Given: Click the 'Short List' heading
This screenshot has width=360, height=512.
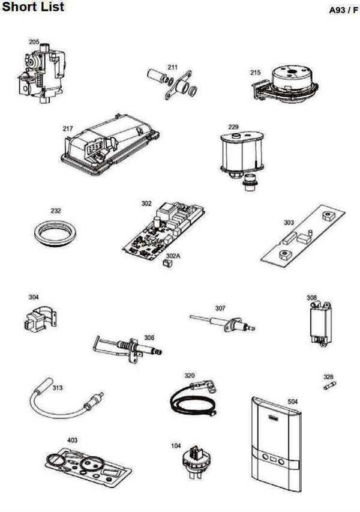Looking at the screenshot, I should (33, 8).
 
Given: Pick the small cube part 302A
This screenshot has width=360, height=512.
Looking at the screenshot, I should (170, 262).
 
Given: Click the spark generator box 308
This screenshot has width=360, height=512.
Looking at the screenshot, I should (319, 324).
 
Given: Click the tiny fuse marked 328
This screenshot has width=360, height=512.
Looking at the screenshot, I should (328, 387).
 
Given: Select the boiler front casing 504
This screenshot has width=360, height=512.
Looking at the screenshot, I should (274, 444).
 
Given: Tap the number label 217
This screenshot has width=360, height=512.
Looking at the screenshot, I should (68, 128).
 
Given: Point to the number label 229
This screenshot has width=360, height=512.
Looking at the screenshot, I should (233, 127).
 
